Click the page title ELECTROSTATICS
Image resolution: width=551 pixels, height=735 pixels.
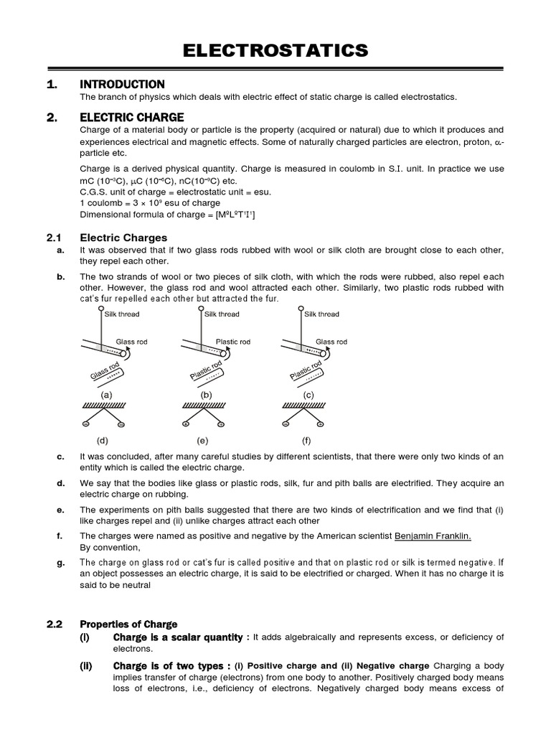(275, 50)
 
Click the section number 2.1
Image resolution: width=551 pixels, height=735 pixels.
(55, 237)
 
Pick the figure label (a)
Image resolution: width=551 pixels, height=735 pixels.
(105, 395)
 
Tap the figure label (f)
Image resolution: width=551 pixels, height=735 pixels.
(308, 439)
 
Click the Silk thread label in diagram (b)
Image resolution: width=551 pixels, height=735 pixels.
(222, 314)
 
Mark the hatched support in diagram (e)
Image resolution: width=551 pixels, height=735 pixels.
(205, 406)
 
